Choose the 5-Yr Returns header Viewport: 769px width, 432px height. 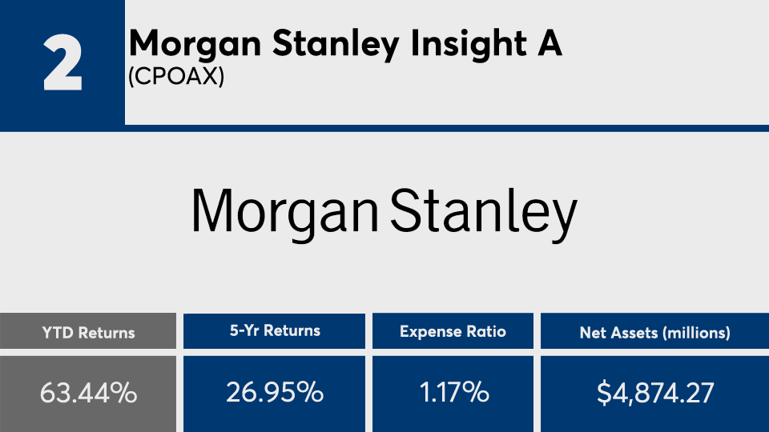click(274, 330)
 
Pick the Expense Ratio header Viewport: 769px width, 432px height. click(453, 331)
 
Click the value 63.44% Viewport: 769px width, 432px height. click(88, 393)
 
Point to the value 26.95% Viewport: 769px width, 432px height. click(274, 393)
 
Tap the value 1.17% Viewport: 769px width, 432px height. click(453, 393)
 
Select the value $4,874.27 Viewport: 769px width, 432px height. click(654, 393)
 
